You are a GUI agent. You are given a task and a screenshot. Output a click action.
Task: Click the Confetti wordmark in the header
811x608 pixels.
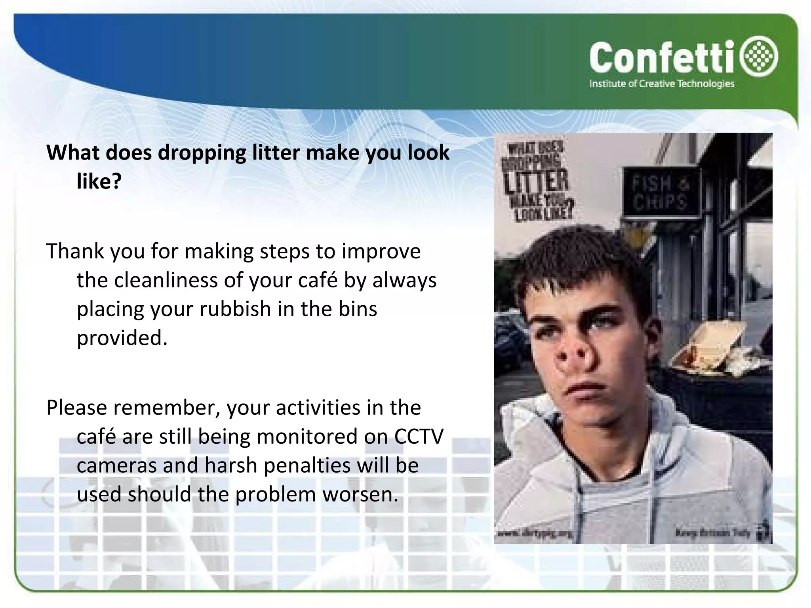pos(665,59)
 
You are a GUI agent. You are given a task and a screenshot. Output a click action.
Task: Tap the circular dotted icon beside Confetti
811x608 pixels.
pos(761,56)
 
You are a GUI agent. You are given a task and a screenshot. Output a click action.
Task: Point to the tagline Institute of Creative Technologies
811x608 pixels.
pos(662,84)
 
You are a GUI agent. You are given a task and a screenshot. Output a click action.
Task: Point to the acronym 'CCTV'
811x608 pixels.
pos(419,437)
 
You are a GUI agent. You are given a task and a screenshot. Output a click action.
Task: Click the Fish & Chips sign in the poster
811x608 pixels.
pos(660,192)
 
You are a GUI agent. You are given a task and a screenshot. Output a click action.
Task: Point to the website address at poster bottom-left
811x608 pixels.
pos(535,534)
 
